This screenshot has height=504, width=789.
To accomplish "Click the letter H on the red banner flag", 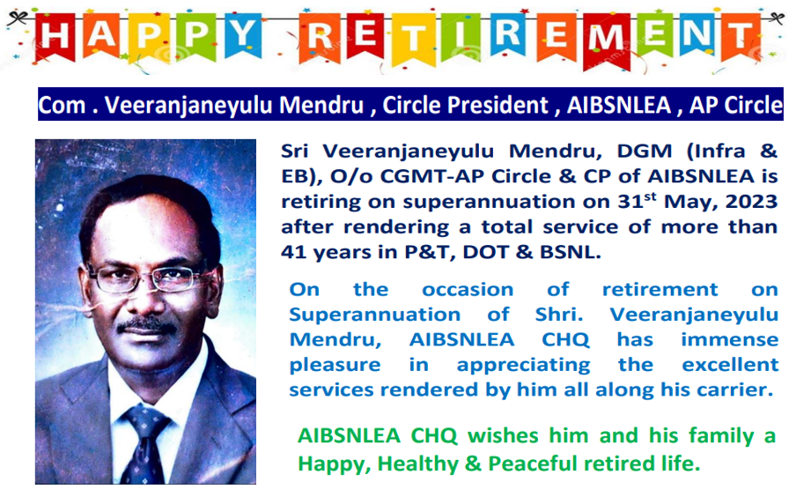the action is tap(55, 36).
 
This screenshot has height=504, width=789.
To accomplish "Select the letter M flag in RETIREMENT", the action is tap(607, 41).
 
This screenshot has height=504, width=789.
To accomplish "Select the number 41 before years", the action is tap(293, 252).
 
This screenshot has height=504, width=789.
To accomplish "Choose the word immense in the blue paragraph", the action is tap(730, 339).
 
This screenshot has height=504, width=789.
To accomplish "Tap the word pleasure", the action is tap(335, 365).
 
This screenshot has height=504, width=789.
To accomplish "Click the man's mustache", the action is tap(147, 326).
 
